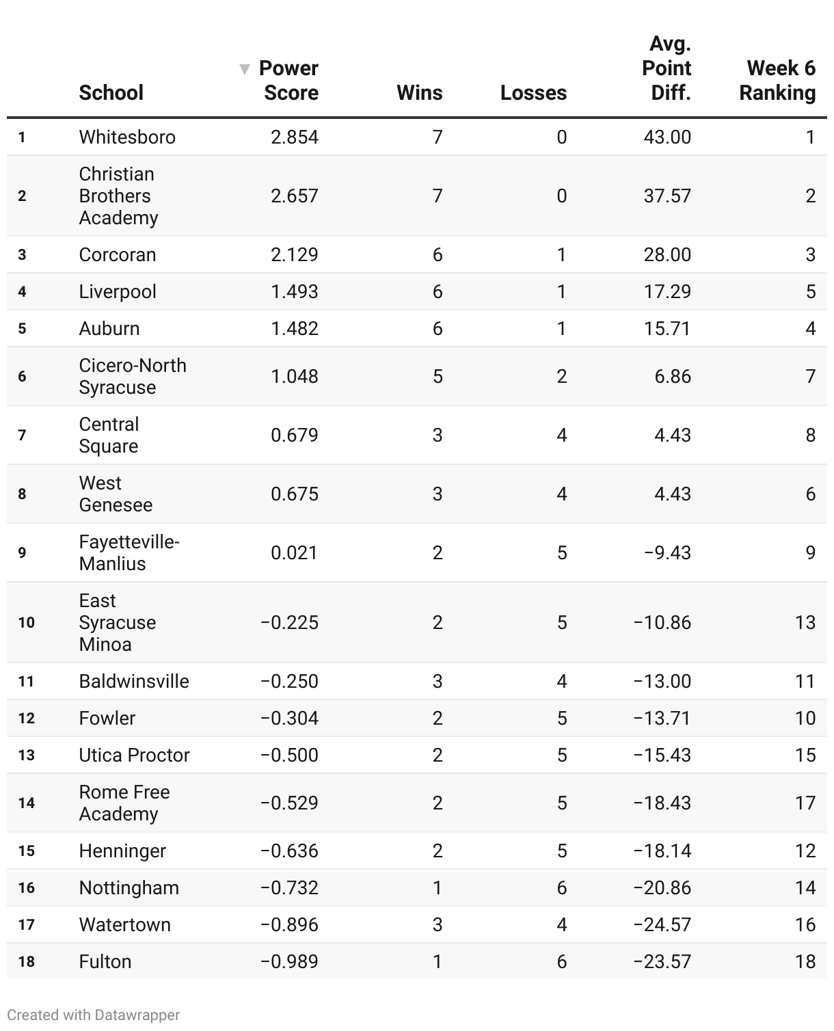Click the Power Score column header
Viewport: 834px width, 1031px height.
point(288,81)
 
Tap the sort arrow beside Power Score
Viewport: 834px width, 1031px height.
point(244,69)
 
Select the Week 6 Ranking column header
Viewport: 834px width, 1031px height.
point(777,81)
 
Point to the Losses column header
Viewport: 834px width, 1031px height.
point(533,93)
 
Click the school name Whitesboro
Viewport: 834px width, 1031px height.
point(127,137)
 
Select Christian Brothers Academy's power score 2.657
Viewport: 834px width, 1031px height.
point(294,196)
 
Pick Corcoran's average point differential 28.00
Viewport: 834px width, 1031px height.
point(667,255)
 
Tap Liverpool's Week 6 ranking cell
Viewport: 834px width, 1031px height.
point(810,292)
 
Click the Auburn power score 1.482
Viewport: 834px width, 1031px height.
point(294,329)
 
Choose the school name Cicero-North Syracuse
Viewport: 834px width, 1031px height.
point(132,377)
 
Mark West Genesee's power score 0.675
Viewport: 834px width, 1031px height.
point(294,494)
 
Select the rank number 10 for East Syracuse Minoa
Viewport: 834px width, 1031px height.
point(26,623)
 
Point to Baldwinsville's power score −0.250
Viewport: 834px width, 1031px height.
point(289,682)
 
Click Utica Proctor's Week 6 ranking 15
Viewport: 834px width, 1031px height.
point(805,755)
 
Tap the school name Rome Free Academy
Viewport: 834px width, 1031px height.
point(124,803)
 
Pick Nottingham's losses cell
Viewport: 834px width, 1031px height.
point(561,888)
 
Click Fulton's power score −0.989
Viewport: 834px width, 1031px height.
point(289,962)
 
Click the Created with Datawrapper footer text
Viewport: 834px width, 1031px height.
point(94,1015)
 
